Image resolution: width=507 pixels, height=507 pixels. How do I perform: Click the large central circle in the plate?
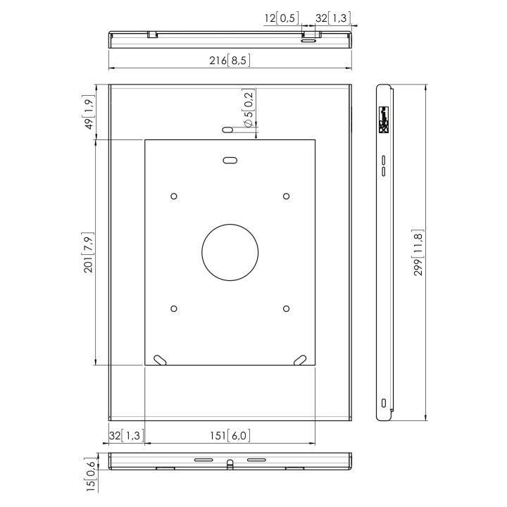[230, 252]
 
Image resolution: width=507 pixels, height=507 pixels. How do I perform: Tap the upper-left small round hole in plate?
[174, 196]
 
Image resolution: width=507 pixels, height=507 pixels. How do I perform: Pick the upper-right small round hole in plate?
[286, 196]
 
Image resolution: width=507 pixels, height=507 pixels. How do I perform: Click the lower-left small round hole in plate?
[174, 308]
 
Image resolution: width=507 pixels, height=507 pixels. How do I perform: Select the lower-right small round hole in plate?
[286, 308]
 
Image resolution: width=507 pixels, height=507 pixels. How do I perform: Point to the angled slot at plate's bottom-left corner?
[161, 359]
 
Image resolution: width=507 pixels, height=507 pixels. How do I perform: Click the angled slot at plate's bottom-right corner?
[299, 359]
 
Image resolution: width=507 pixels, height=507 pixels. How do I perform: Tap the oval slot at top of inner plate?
[230, 160]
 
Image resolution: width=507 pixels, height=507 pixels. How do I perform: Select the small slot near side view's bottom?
[384, 403]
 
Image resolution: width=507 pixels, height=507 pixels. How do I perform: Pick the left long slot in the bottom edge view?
[203, 460]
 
